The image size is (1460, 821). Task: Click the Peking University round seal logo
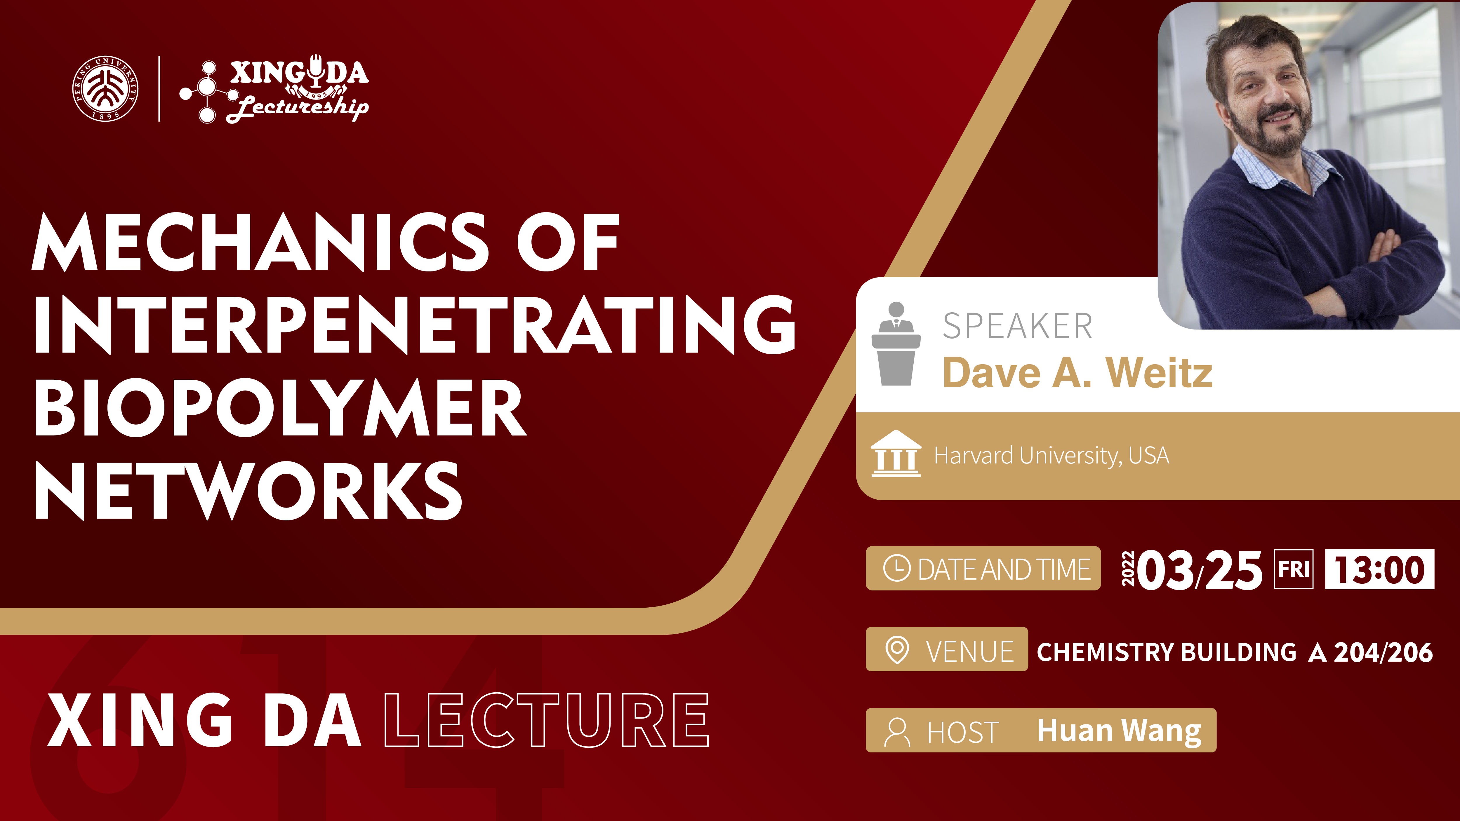pyautogui.click(x=105, y=88)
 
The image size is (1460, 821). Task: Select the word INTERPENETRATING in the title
pyautogui.click(x=415, y=325)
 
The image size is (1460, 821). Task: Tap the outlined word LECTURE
pyautogui.click(x=546, y=720)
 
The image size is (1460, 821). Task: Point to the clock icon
pyautogui.click(x=897, y=568)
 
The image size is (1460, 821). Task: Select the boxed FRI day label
pyautogui.click(x=1293, y=569)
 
